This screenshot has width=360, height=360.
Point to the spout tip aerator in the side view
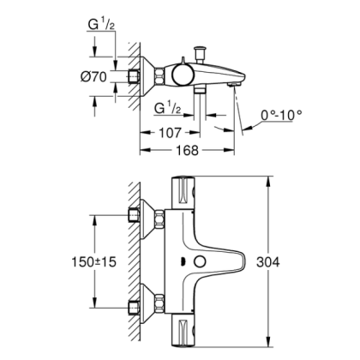click(x=235, y=86)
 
